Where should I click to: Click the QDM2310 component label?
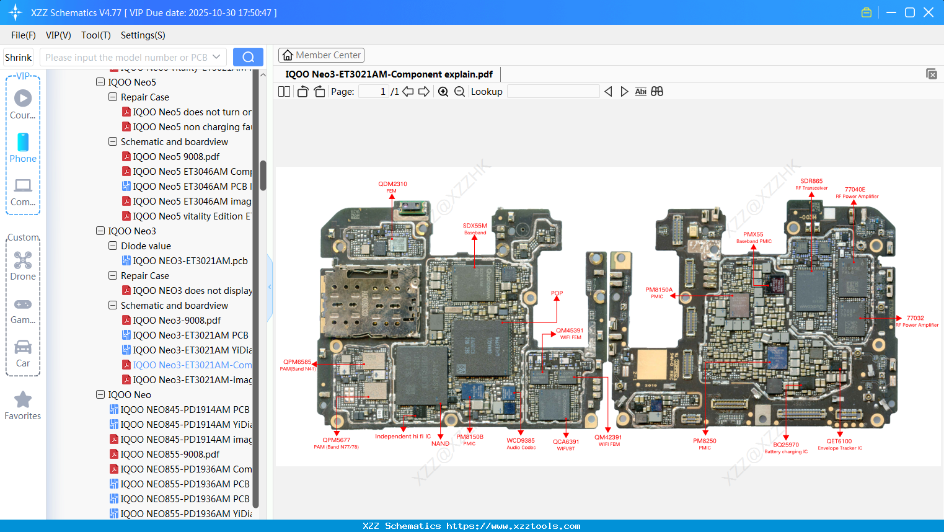pyautogui.click(x=392, y=184)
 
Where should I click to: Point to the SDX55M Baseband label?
pyautogui.click(x=475, y=226)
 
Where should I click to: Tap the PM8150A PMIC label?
pyautogui.click(x=658, y=290)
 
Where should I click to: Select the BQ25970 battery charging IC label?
pyautogui.click(x=785, y=445)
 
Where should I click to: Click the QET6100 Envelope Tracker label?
pyautogui.click(x=839, y=442)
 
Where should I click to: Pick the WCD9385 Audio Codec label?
pyautogui.click(x=520, y=441)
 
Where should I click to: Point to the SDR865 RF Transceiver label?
pyautogui.click(x=811, y=182)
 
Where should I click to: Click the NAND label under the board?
pyautogui.click(x=440, y=444)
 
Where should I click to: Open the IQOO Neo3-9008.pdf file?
pyautogui.click(x=177, y=321)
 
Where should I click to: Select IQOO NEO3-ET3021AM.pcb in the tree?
pyautogui.click(x=190, y=261)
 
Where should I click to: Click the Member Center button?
pyautogui.click(x=321, y=55)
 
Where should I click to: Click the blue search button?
pyautogui.click(x=248, y=57)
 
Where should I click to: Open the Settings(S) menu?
pyautogui.click(x=143, y=35)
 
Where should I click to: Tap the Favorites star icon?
pyautogui.click(x=23, y=400)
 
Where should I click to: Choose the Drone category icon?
pyautogui.click(x=23, y=260)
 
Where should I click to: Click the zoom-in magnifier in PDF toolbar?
pyautogui.click(x=443, y=92)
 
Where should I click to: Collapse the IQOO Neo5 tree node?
pyautogui.click(x=100, y=82)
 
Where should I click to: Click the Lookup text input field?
pyautogui.click(x=553, y=92)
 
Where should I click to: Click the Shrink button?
pyautogui.click(x=18, y=58)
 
